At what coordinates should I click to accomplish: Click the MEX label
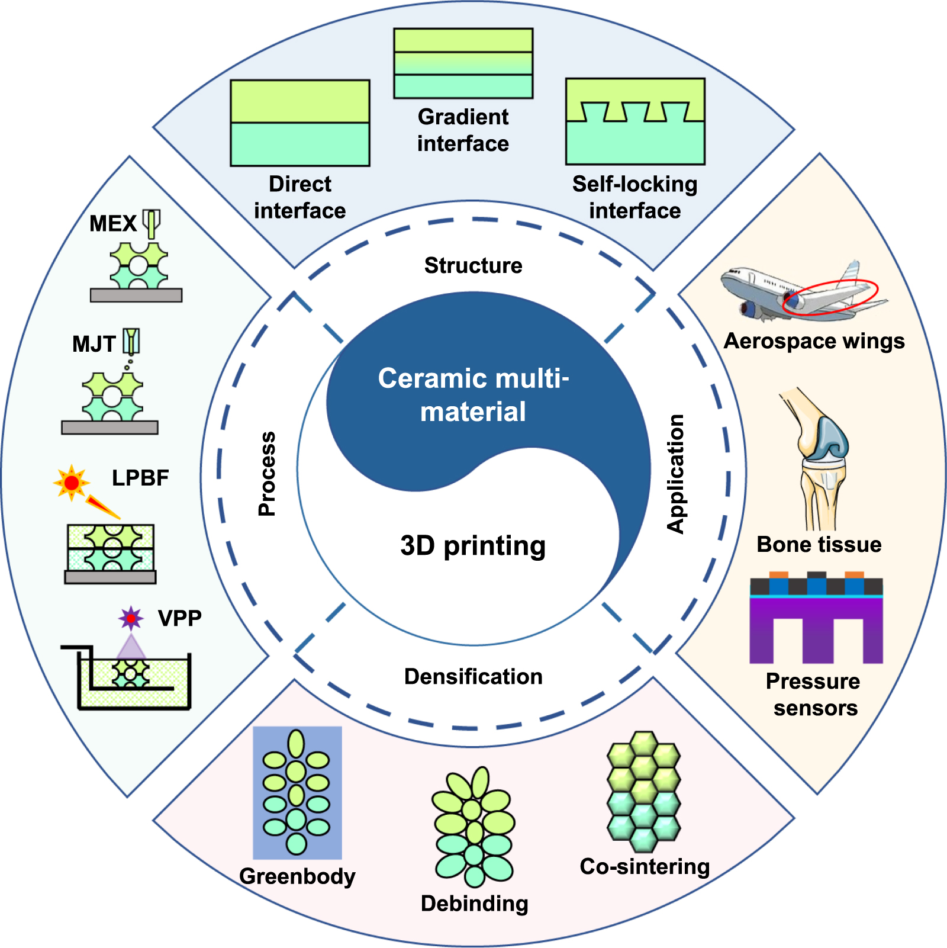click(x=112, y=224)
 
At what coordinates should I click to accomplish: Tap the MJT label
click(x=94, y=344)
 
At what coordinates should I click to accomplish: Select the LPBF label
click(x=140, y=478)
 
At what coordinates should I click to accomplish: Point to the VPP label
click(x=179, y=618)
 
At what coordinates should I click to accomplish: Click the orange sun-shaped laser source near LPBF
click(x=72, y=483)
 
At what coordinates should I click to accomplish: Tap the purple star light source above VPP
click(x=131, y=618)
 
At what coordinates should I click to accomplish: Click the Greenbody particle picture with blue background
click(x=297, y=792)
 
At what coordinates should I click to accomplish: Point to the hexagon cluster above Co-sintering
click(x=643, y=790)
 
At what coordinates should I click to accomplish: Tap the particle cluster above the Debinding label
click(x=474, y=826)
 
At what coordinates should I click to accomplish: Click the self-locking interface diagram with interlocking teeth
click(x=635, y=121)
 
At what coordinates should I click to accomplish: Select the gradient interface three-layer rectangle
click(x=463, y=63)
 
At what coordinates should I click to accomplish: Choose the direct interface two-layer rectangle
click(x=300, y=123)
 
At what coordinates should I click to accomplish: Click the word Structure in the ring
click(x=473, y=265)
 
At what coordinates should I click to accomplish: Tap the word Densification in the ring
click(x=473, y=676)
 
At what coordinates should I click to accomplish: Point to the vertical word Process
click(x=268, y=474)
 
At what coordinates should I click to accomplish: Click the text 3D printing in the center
click(x=473, y=545)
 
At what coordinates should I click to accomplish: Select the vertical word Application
click(x=675, y=474)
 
